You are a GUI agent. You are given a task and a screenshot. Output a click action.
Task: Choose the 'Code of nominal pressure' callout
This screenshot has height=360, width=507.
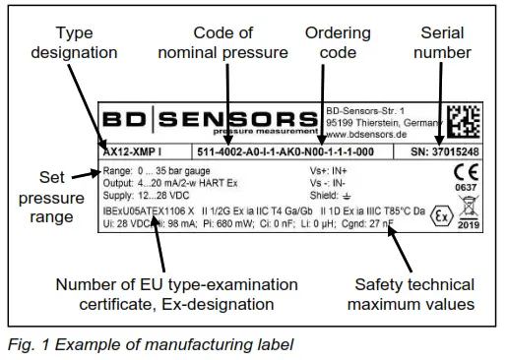coord(226,40)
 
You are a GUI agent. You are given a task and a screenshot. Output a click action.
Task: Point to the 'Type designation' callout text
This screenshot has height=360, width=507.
coord(63,40)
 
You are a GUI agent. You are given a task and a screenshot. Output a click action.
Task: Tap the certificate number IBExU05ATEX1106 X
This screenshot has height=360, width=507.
coord(147,210)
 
